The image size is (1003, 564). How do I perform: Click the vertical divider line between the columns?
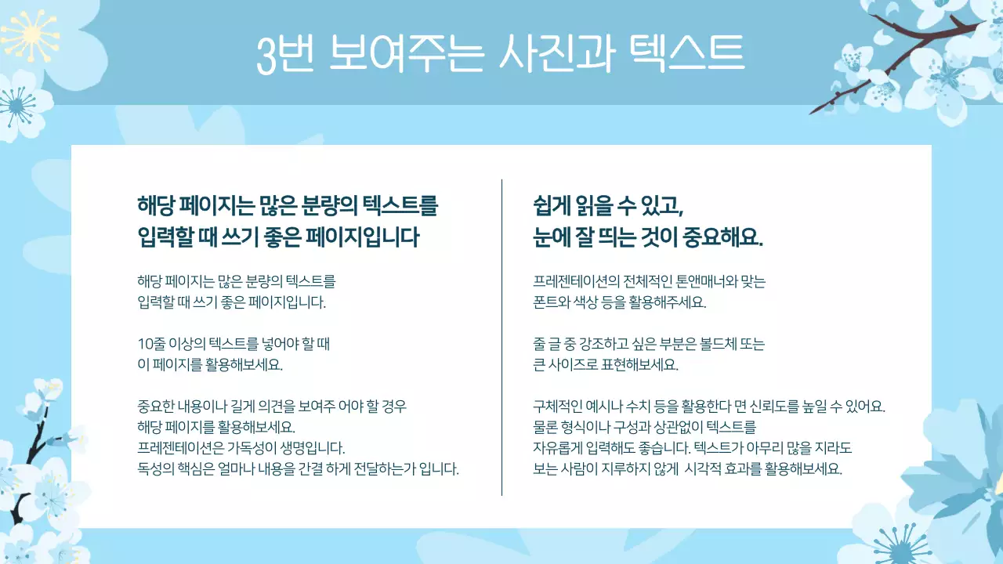tap(501, 337)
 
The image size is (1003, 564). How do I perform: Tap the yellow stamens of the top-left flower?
tap(31, 35)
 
